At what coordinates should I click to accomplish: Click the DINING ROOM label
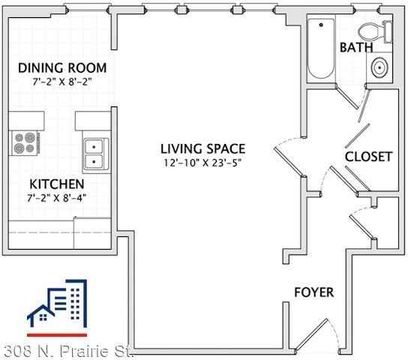pyautogui.click(x=57, y=67)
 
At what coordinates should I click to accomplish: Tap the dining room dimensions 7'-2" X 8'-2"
pyautogui.click(x=57, y=81)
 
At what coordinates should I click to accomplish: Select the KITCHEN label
pyautogui.click(x=57, y=184)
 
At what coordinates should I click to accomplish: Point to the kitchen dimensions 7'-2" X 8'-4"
pyautogui.click(x=57, y=197)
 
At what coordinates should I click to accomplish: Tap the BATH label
pyautogui.click(x=355, y=47)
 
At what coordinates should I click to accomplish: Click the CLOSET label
pyautogui.click(x=368, y=157)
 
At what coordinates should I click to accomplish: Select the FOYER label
pyautogui.click(x=313, y=292)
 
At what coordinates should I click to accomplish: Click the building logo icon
pyautogui.click(x=57, y=304)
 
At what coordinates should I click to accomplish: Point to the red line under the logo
pyautogui.click(x=57, y=334)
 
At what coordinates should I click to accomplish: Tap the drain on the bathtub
pyautogui.click(x=321, y=25)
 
